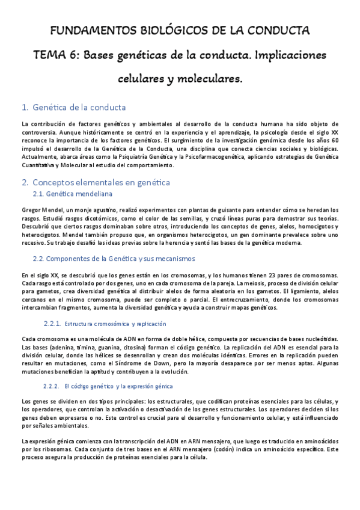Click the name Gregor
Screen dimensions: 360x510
click(32, 209)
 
